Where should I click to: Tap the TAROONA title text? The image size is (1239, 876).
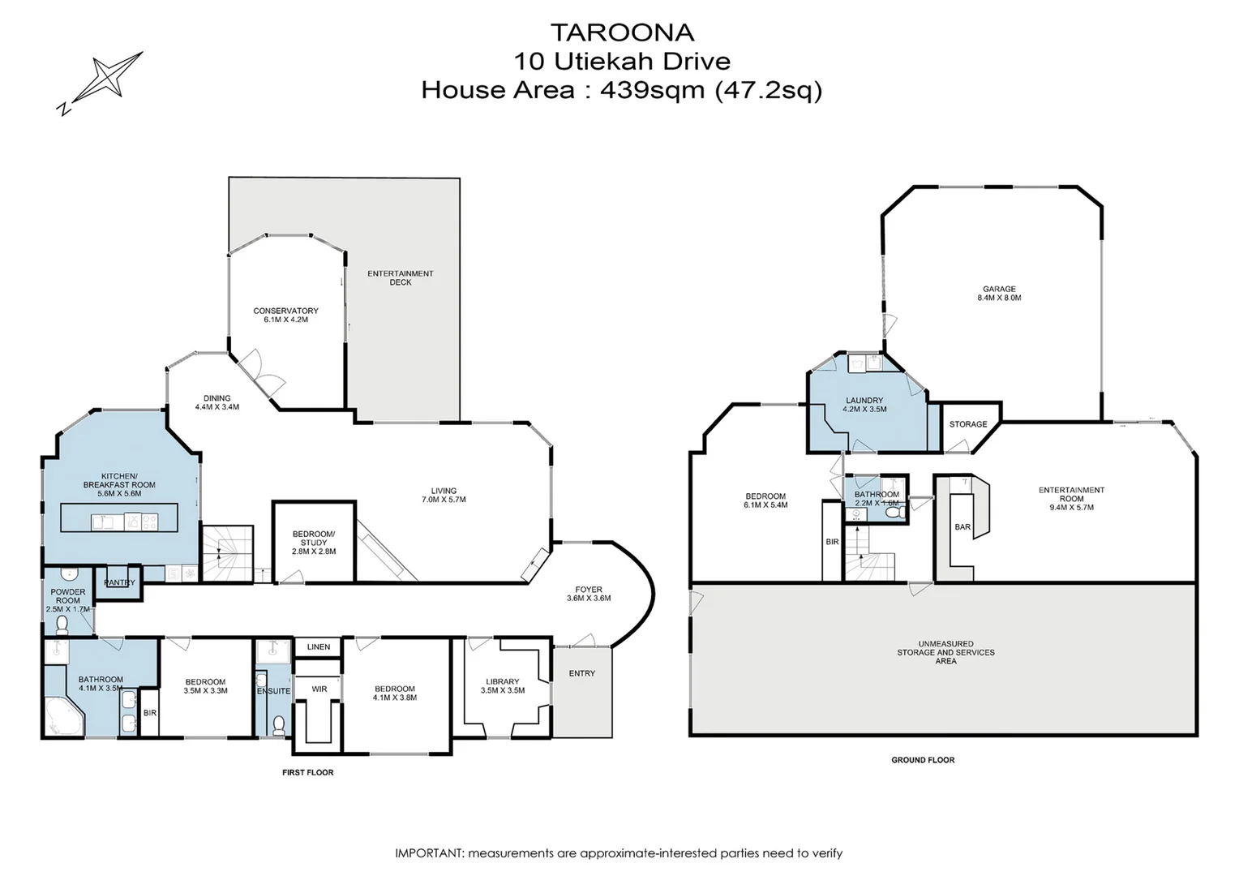(x=622, y=32)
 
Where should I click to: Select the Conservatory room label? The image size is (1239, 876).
(x=286, y=315)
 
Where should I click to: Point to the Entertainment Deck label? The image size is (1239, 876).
(x=401, y=277)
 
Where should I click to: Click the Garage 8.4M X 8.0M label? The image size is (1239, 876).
(x=1000, y=294)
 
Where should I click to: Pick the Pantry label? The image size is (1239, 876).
(x=119, y=582)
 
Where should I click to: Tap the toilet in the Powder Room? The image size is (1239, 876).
(x=62, y=625)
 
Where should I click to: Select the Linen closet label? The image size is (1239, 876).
(x=319, y=647)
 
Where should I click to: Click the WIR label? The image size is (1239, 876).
(x=319, y=689)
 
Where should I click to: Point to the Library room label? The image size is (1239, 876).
(x=503, y=686)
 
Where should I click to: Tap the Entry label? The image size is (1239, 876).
(x=582, y=673)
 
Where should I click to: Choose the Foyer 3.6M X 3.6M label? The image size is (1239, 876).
(x=589, y=594)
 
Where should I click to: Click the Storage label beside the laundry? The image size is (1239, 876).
(x=968, y=424)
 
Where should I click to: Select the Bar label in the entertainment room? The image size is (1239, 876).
(x=962, y=527)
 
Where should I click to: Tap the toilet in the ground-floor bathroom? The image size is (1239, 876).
(x=894, y=513)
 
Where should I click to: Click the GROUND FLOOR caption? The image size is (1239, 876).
(x=923, y=760)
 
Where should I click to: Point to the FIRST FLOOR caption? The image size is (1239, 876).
(x=308, y=772)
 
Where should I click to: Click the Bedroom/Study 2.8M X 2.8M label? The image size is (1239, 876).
(x=314, y=543)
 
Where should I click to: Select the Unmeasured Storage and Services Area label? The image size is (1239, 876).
(x=945, y=652)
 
